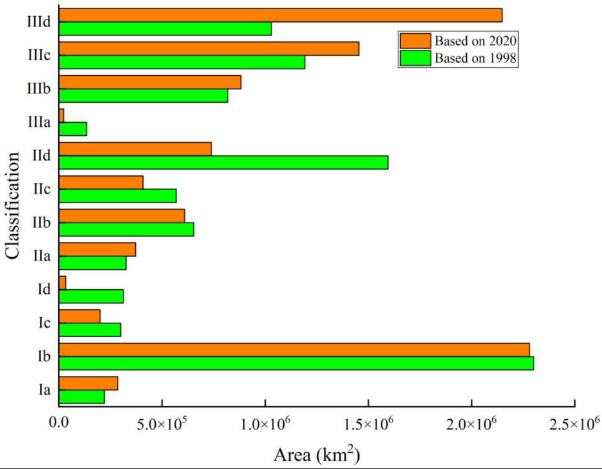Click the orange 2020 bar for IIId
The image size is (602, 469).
click(281, 16)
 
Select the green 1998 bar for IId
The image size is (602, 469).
click(224, 162)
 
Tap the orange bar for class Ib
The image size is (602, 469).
click(294, 349)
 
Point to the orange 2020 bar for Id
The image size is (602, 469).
click(63, 283)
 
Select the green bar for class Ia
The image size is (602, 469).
click(81, 397)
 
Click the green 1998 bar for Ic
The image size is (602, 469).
click(90, 329)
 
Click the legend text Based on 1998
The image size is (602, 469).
click(477, 58)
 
